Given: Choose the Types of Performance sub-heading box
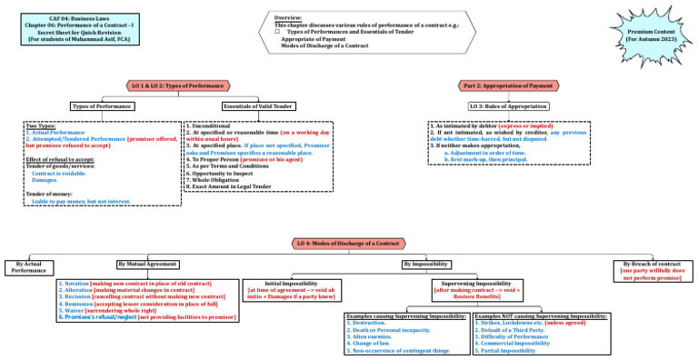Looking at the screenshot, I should [x=103, y=106].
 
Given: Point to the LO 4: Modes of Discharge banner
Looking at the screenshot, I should [x=349, y=244].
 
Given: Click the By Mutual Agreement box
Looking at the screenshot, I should [x=146, y=264].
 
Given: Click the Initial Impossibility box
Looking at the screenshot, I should [x=292, y=290].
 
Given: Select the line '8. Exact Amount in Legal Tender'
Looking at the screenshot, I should [x=229, y=186].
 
